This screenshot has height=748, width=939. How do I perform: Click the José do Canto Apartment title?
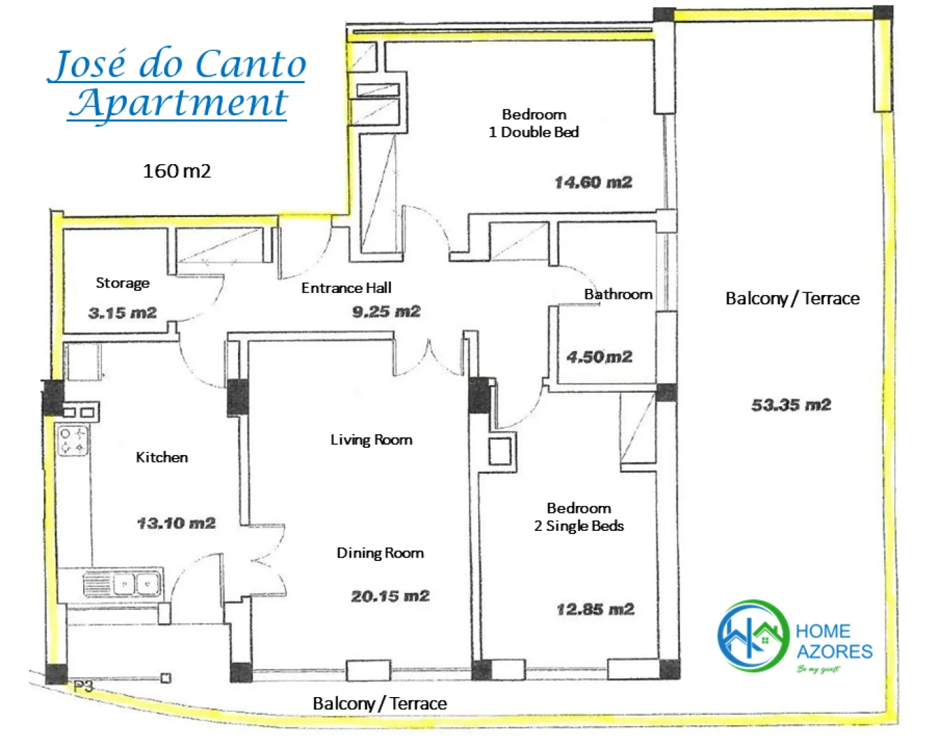[x=176, y=84]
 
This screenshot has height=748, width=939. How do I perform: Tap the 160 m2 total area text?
[x=176, y=171]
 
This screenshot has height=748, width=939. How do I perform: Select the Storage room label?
[x=123, y=284]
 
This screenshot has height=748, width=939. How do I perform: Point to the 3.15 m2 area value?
[x=123, y=313]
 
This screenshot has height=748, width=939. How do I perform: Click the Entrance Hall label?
[x=347, y=288]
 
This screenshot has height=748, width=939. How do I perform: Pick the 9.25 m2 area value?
[x=386, y=312]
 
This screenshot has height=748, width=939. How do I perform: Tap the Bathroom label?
[x=618, y=294]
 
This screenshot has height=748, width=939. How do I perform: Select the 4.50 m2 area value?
[x=600, y=357]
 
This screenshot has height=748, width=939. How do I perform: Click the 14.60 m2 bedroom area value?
[x=594, y=182]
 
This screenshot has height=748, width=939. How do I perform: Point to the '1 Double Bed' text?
[x=534, y=132]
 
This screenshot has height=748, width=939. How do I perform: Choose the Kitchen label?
[x=162, y=457]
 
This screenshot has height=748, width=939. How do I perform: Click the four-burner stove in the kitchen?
[x=73, y=442]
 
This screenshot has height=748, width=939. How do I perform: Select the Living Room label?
[x=372, y=440]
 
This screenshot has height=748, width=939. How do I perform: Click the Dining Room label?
[x=380, y=553]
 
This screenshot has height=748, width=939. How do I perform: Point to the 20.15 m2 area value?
[x=390, y=597]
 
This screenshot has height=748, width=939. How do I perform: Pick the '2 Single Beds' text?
[x=579, y=526]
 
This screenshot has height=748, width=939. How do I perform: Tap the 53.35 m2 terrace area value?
[x=791, y=406]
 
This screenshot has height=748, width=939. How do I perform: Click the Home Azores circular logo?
[x=754, y=636]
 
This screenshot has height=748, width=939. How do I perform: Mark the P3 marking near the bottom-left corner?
[x=83, y=687]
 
